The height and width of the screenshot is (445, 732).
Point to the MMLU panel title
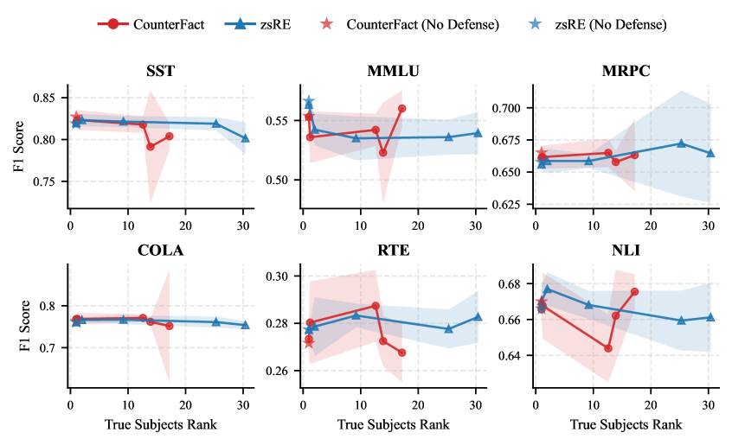pos(395,72)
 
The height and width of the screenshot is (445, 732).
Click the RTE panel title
pos(395,251)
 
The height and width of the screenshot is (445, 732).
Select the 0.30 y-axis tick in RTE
pos(283,277)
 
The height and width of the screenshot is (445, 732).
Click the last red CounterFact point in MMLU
pos(402,108)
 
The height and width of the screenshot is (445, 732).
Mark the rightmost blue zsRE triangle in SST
pos(246,138)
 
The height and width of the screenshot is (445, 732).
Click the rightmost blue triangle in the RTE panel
pos(478,316)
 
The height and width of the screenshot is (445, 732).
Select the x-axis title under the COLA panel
pos(160,424)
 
